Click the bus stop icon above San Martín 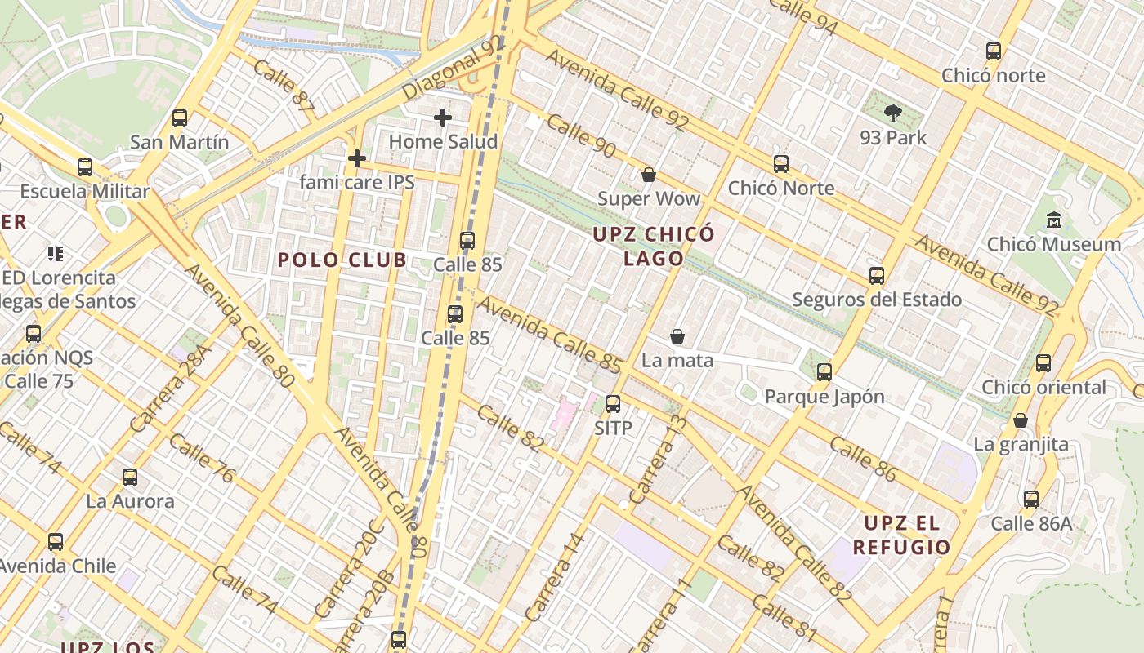click(180, 118)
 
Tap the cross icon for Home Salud click(443, 118)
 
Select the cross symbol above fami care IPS click(356, 158)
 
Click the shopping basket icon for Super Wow click(649, 175)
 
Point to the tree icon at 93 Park click(893, 113)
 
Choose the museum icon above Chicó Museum click(1053, 220)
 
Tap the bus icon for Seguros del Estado click(877, 276)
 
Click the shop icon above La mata click(677, 336)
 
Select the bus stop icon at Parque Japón click(824, 372)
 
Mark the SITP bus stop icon click(613, 404)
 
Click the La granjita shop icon click(1021, 420)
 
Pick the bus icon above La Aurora click(130, 478)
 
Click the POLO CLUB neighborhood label click(342, 260)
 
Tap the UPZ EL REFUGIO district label click(901, 535)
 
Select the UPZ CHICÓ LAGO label click(654, 247)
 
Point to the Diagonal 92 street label click(452, 69)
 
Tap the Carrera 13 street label click(659, 460)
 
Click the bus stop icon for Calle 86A click(1031, 500)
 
